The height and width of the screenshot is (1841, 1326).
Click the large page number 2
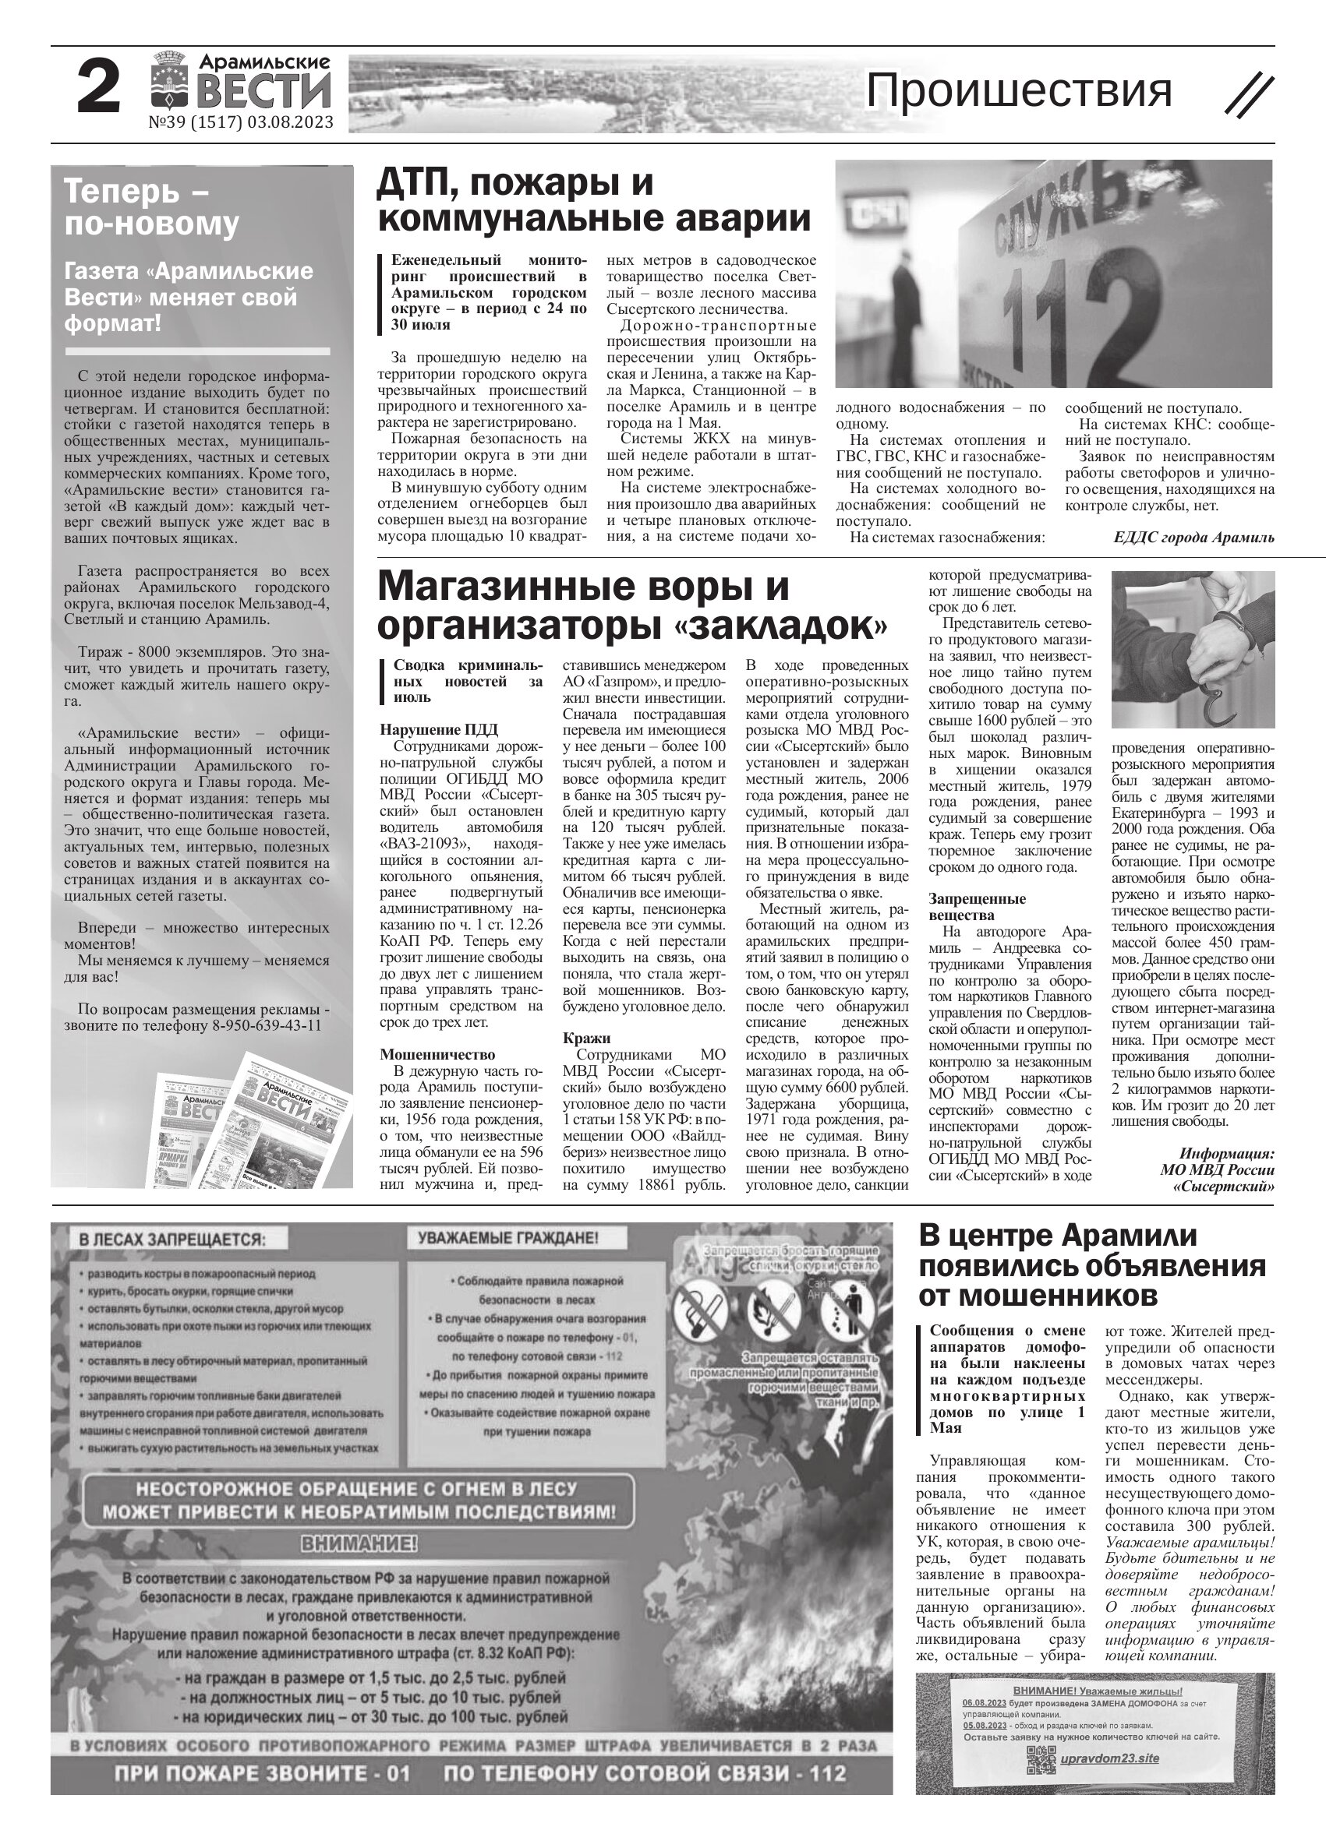(98, 89)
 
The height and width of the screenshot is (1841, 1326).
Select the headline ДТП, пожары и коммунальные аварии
(593, 200)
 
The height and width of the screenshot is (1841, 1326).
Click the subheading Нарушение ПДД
(438, 730)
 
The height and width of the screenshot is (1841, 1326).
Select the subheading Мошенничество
(437, 1054)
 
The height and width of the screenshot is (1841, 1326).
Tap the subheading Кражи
(586, 1039)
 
